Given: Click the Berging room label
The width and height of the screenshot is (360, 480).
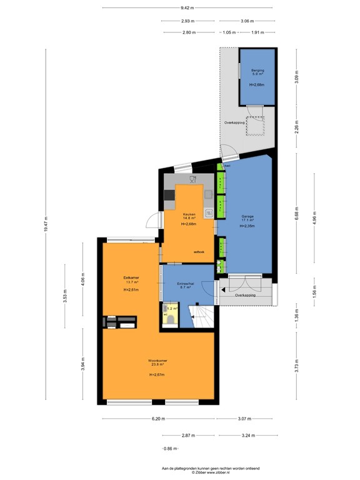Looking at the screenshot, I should (257, 71).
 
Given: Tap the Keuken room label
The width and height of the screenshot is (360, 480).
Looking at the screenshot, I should (189, 215).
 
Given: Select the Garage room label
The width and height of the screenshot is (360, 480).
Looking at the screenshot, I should (248, 217).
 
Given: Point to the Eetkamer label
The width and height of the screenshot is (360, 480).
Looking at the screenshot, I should (131, 276).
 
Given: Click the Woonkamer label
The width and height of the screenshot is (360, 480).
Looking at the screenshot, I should (157, 361).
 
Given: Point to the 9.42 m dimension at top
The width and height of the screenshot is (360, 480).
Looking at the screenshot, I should (187, 8).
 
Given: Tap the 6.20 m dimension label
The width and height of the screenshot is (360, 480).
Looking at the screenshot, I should (156, 419).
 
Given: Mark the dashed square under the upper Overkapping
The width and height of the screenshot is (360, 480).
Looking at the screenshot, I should (255, 126).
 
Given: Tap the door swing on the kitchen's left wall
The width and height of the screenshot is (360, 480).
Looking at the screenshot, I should (152, 220).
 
